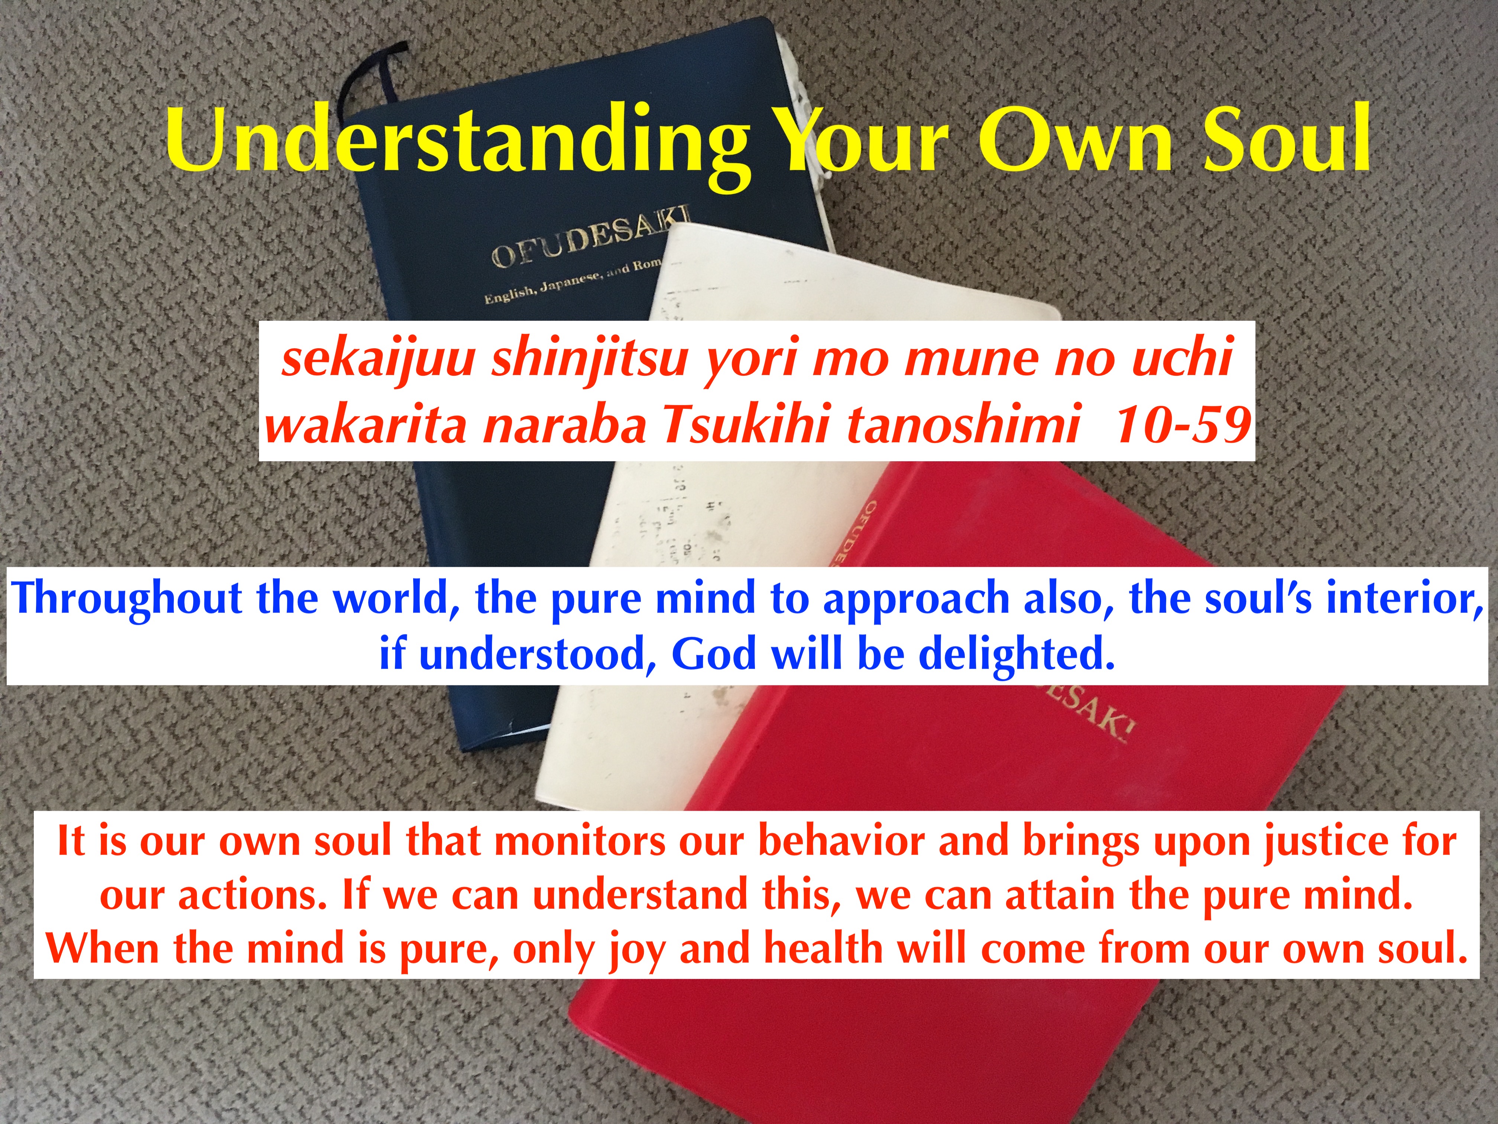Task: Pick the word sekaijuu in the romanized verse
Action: pos(378,358)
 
